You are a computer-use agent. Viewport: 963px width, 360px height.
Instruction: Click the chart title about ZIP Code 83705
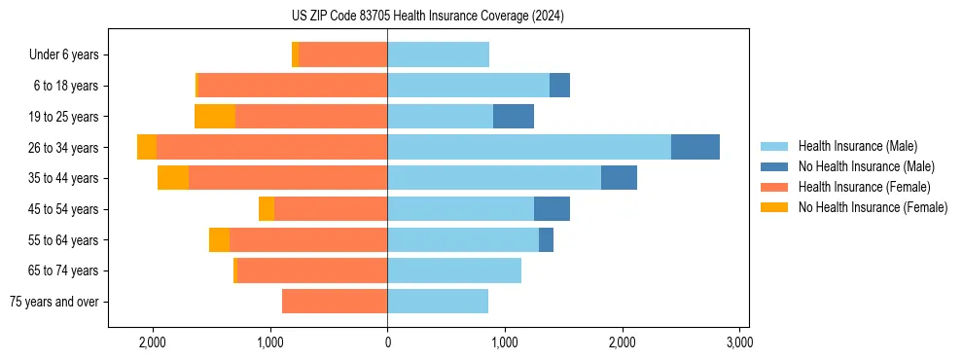(x=481, y=16)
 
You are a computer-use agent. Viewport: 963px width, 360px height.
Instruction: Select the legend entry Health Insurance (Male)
(x=857, y=146)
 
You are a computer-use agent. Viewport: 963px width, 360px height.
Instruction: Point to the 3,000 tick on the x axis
(x=739, y=342)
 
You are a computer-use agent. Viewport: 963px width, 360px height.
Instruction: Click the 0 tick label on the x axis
(x=387, y=342)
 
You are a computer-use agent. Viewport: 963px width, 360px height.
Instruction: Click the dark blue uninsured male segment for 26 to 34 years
(x=695, y=147)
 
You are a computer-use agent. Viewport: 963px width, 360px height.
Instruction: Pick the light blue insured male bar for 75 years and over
(x=438, y=302)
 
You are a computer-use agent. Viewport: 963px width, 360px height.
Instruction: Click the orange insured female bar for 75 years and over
(x=335, y=302)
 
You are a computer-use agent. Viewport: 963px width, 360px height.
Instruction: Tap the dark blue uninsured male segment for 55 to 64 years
(x=546, y=239)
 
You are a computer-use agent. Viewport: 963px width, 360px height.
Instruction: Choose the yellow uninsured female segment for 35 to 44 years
(x=173, y=178)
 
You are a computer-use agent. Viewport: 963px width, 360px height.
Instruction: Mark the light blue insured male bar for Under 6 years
(x=438, y=54)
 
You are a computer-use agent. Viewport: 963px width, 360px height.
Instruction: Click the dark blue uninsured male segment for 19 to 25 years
(x=514, y=117)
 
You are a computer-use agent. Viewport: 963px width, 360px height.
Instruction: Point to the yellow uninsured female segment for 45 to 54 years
(x=267, y=209)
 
